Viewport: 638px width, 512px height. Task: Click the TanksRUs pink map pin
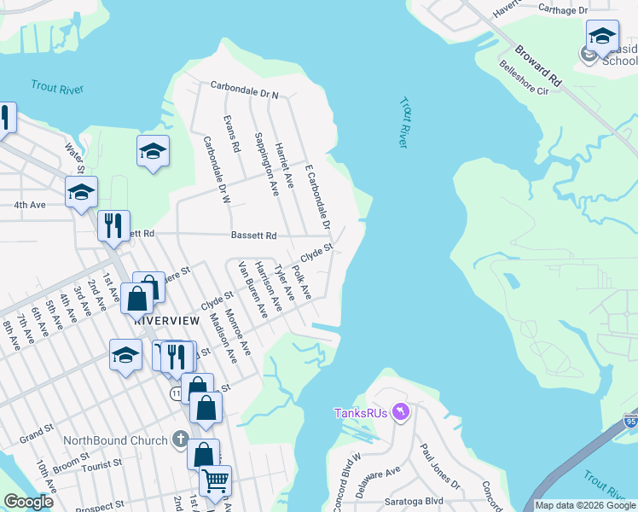(402, 413)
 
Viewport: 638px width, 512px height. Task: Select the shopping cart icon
(215, 480)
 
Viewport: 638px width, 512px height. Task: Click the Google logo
(29, 503)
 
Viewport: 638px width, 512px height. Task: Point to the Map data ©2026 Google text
(585, 505)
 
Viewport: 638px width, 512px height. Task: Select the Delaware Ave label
(379, 472)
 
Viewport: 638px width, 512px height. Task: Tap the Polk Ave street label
(300, 282)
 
